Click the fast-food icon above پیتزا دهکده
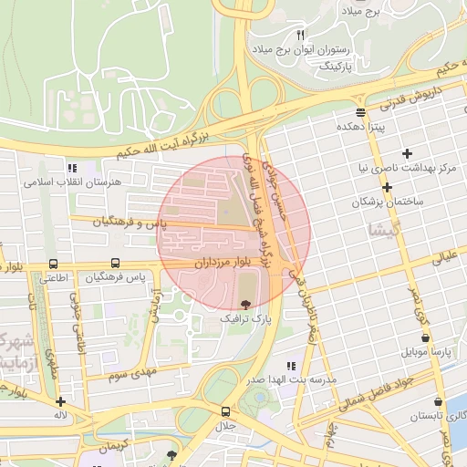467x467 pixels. pyautogui.click(x=361, y=112)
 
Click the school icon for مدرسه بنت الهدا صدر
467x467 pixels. pyautogui.click(x=290, y=366)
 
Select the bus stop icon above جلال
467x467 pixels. pyautogui.click(x=225, y=411)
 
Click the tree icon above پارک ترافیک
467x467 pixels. pyautogui.click(x=244, y=304)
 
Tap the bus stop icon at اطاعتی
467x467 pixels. pyautogui.click(x=52, y=264)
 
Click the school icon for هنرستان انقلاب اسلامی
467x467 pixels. pyautogui.click(x=71, y=168)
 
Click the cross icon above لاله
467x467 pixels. pyautogui.click(x=60, y=401)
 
